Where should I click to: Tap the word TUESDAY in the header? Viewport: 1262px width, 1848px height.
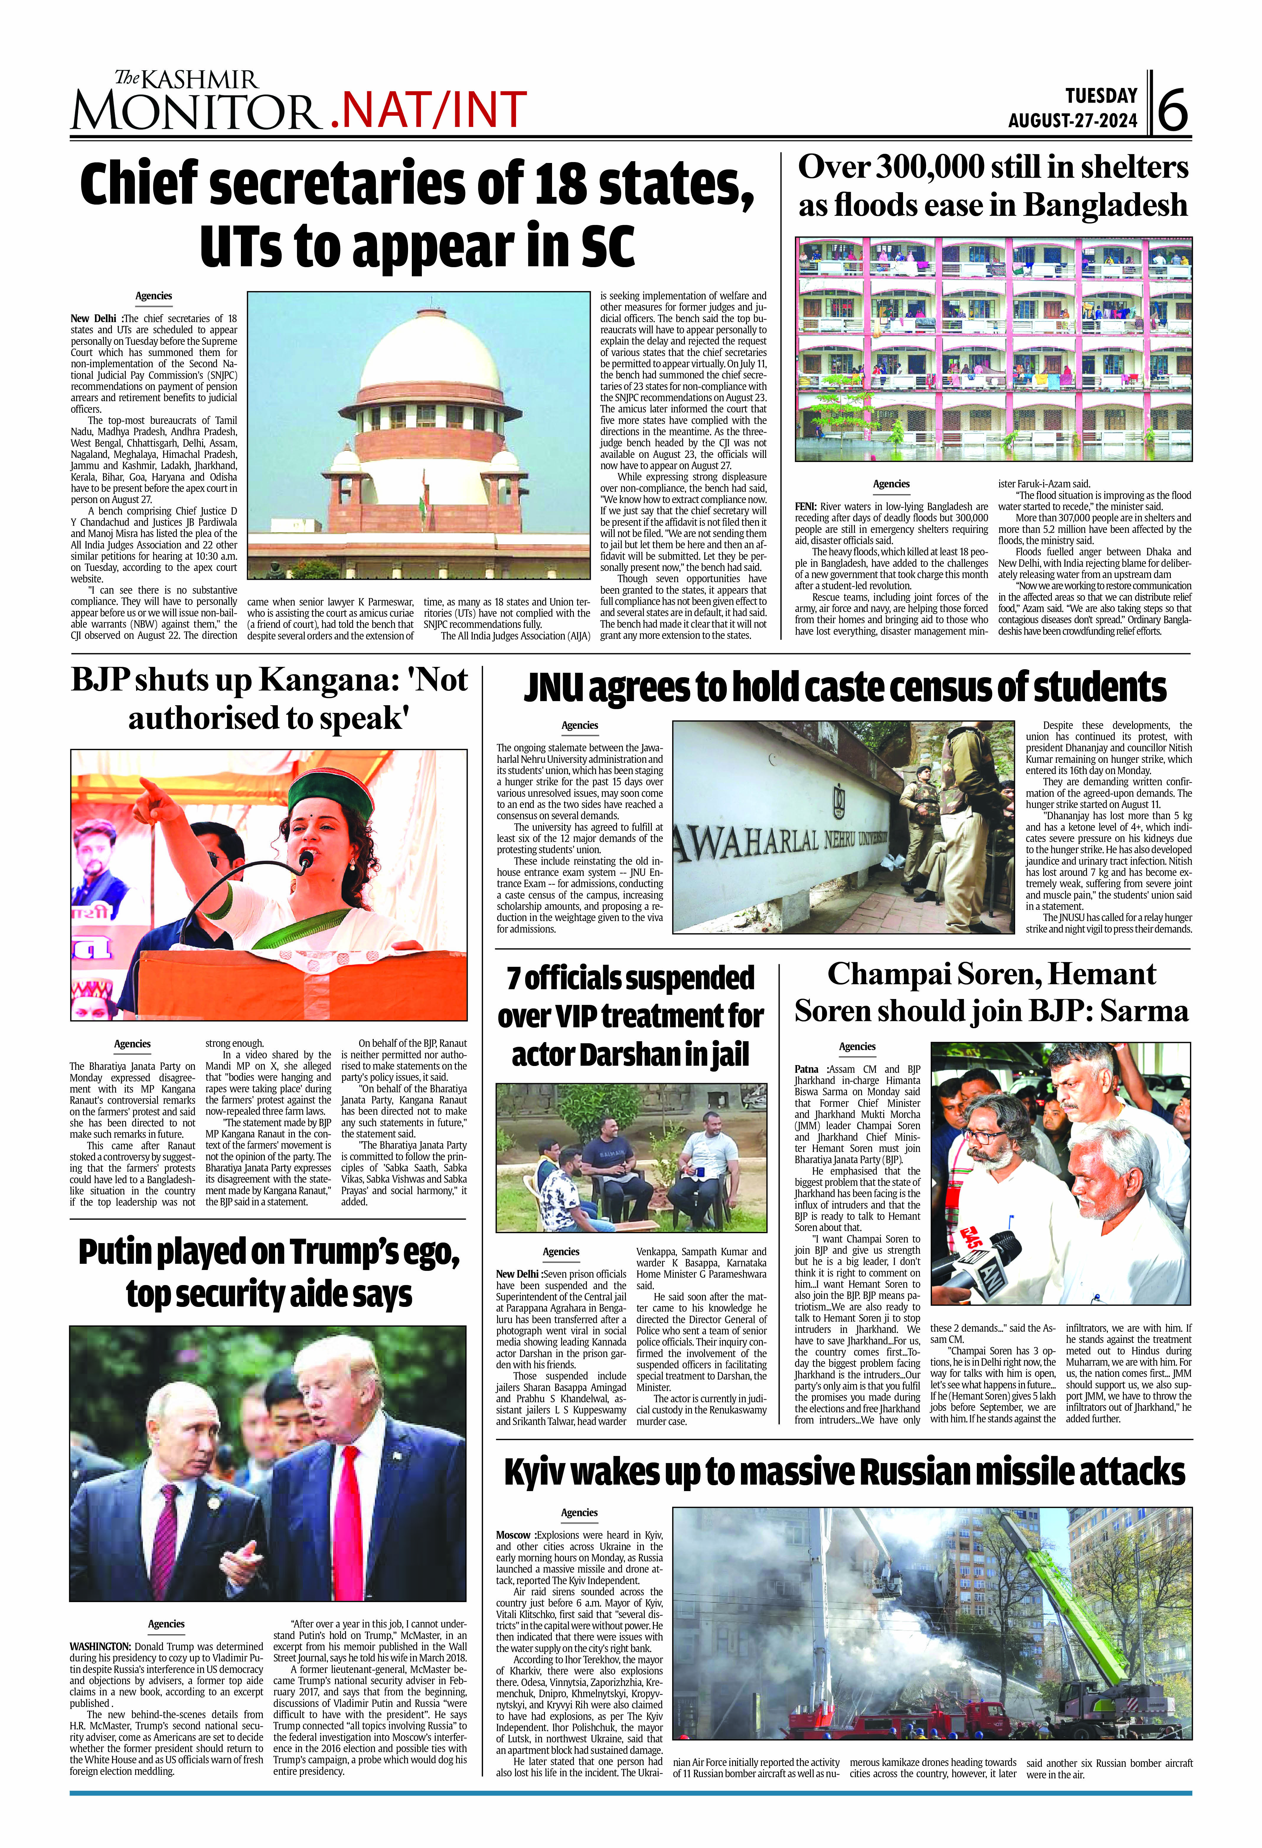pos(1101,96)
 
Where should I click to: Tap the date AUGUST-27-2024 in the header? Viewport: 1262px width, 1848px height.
pos(1073,122)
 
